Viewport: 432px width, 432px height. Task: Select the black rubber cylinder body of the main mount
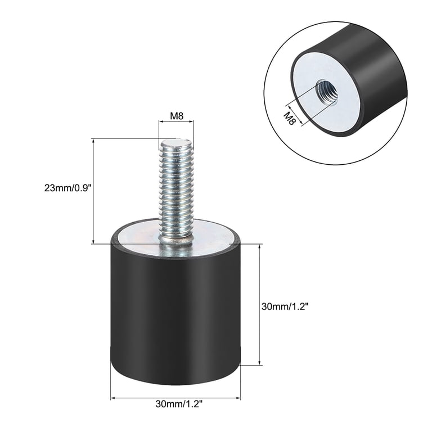pyautogui.click(x=175, y=315)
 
